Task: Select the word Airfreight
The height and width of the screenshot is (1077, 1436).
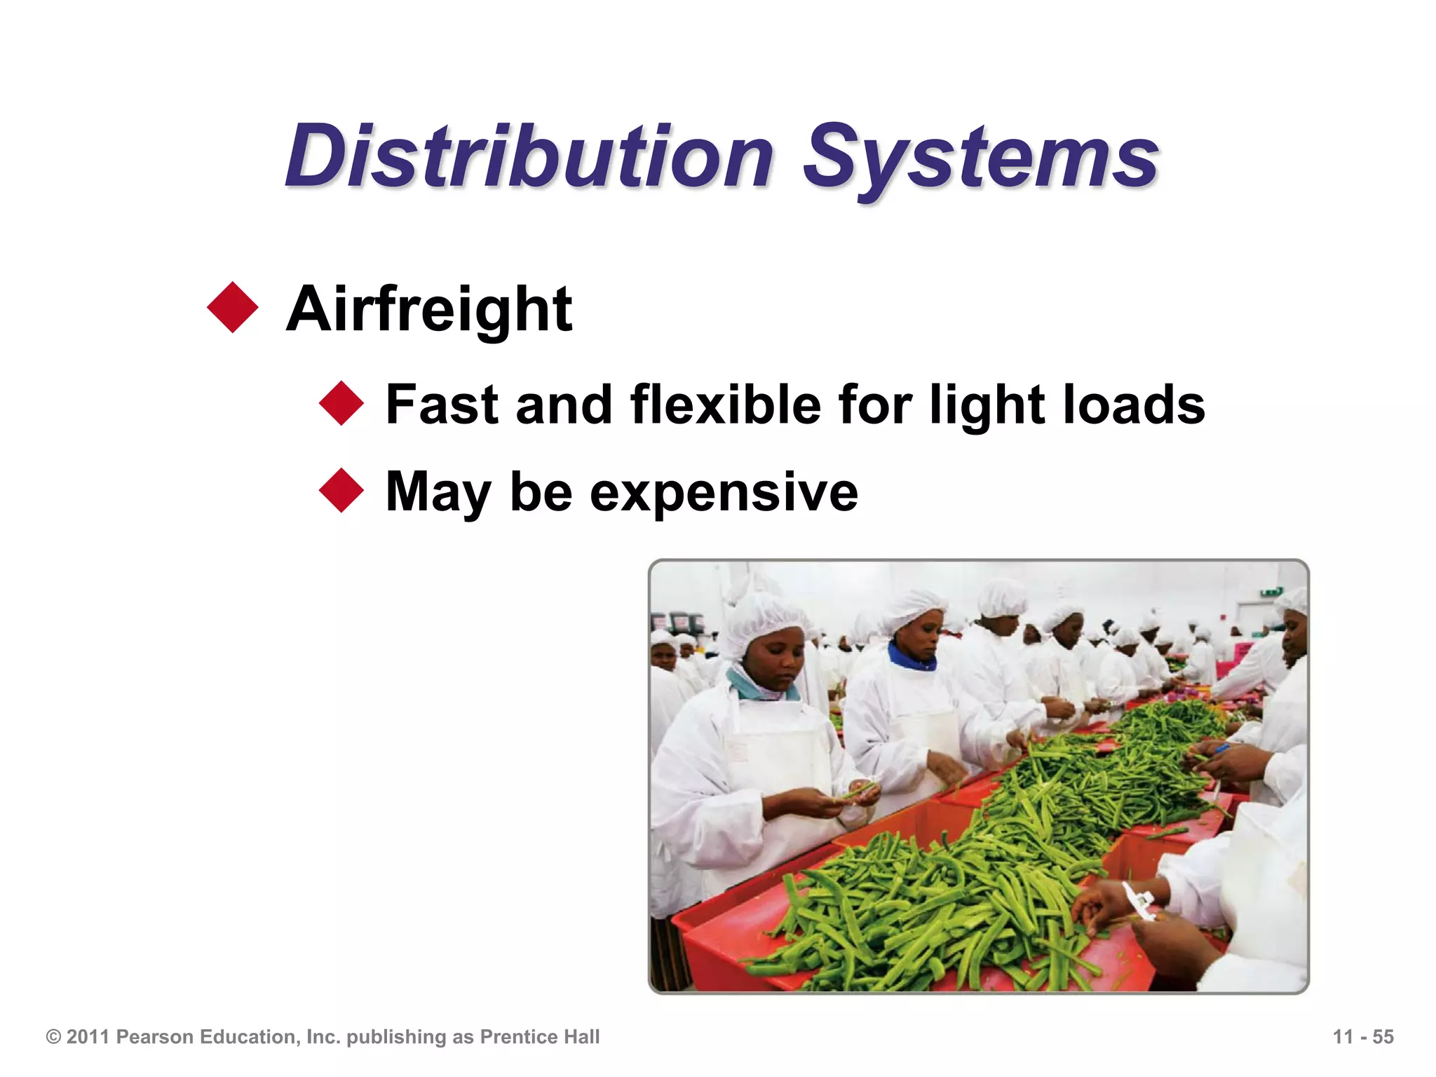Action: pyautogui.click(x=429, y=310)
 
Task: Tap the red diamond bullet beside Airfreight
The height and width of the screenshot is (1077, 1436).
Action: pyautogui.click(x=233, y=307)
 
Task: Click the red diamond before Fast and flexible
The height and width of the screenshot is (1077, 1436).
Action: pyautogui.click(x=341, y=403)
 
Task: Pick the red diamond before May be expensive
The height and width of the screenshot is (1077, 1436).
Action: pyautogui.click(x=341, y=490)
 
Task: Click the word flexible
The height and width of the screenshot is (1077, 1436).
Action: pyautogui.click(x=725, y=405)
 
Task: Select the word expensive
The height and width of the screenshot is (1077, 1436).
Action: pyautogui.click(x=724, y=492)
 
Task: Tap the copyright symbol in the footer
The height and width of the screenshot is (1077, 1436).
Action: pyautogui.click(x=53, y=1037)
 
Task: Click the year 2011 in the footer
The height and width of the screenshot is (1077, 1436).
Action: pyautogui.click(x=89, y=1037)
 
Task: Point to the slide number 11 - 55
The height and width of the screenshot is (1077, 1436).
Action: pyautogui.click(x=1362, y=1037)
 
